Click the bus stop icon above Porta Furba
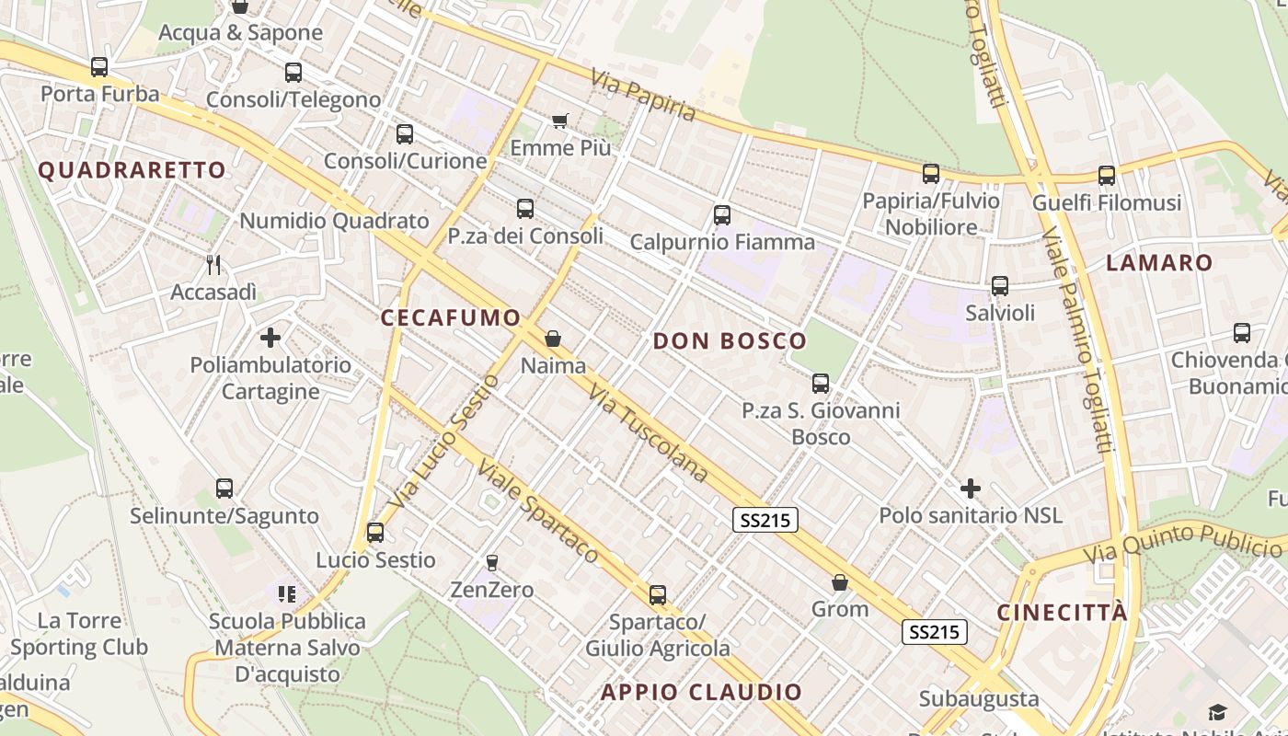pyautogui.click(x=99, y=67)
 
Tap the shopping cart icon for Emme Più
pyautogui.click(x=560, y=121)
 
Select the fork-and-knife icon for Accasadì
pyautogui.click(x=213, y=265)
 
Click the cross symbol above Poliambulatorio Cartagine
pyautogui.click(x=270, y=338)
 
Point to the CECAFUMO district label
pyautogui.click(x=451, y=318)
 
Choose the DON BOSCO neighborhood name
pyautogui.click(x=730, y=341)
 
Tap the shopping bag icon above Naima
pyautogui.click(x=553, y=339)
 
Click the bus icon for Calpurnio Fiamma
pyautogui.click(x=722, y=215)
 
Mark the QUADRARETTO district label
pyautogui.click(x=132, y=170)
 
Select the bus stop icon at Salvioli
pyautogui.click(x=1000, y=286)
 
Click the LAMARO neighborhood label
pyautogui.click(x=1159, y=263)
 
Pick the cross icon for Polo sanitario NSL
pyautogui.click(x=971, y=489)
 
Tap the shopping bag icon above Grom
pyautogui.click(x=840, y=582)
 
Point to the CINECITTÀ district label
pyautogui.click(x=1063, y=613)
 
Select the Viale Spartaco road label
pyautogui.click(x=537, y=512)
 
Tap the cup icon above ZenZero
pyautogui.click(x=492, y=562)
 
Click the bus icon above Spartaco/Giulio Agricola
pyautogui.click(x=658, y=595)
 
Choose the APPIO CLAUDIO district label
pyautogui.click(x=701, y=692)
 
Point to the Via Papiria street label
pyautogui.click(x=643, y=96)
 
